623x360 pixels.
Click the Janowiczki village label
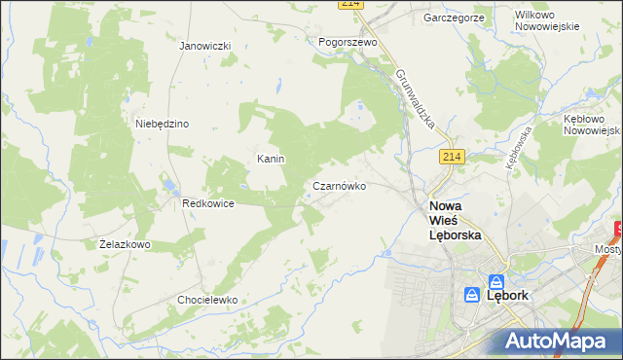pyautogui.click(x=204, y=46)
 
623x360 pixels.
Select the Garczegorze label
pyautogui.click(x=454, y=18)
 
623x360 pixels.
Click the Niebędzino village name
pyautogui.click(x=162, y=124)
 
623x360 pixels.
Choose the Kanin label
pyautogui.click(x=270, y=159)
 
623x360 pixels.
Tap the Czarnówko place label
pyautogui.click(x=339, y=185)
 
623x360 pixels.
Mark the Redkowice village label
pyautogui.click(x=205, y=204)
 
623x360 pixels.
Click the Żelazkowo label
pyautogui.click(x=126, y=244)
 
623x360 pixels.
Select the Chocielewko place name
pyautogui.click(x=207, y=300)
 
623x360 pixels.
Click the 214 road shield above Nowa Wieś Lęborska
pyautogui.click(x=451, y=157)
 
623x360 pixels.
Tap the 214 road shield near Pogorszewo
pyautogui.click(x=350, y=4)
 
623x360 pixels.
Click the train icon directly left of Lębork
pyautogui.click(x=471, y=294)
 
